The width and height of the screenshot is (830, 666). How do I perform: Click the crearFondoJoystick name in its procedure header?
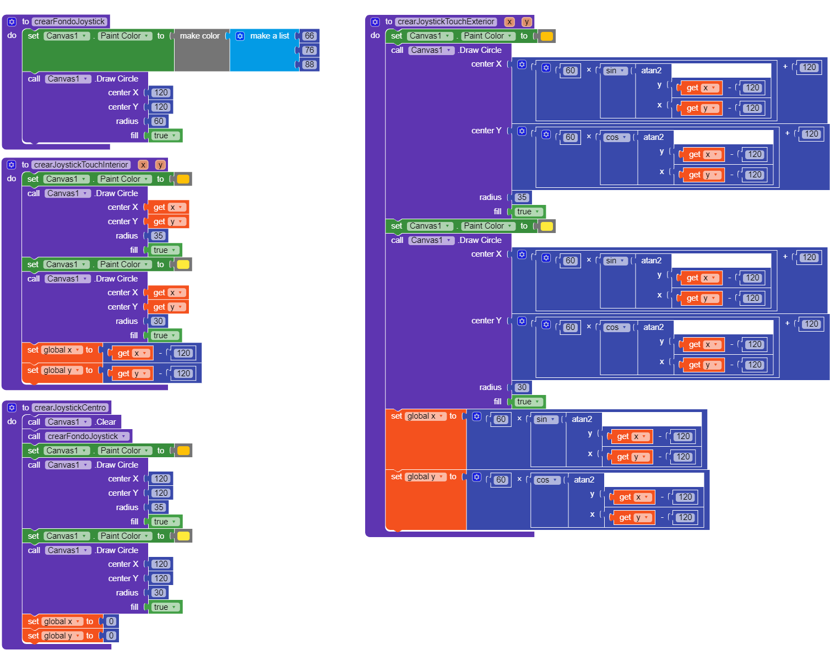coord(69,21)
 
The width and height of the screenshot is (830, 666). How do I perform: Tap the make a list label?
coord(269,36)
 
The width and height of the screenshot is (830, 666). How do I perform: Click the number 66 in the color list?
coord(309,36)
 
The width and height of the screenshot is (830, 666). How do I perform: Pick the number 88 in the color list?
coord(309,64)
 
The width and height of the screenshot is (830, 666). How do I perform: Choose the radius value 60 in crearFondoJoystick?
coord(159,121)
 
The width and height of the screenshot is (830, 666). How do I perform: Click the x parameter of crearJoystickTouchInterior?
coord(143,165)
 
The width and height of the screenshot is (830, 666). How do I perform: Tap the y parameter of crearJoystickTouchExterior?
coord(526,21)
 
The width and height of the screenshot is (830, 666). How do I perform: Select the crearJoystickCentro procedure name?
coord(70,408)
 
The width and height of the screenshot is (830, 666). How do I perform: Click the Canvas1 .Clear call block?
coord(72,422)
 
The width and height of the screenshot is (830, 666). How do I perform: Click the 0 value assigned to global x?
coord(111,621)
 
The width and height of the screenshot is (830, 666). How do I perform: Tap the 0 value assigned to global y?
coord(111,636)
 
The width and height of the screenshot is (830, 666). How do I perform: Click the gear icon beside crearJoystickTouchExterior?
coord(375,21)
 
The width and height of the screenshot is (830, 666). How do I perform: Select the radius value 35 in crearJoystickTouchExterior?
coord(522,197)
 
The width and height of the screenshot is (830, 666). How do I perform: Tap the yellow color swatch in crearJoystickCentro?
coord(183,536)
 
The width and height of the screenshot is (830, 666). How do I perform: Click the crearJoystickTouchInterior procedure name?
coord(80,165)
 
